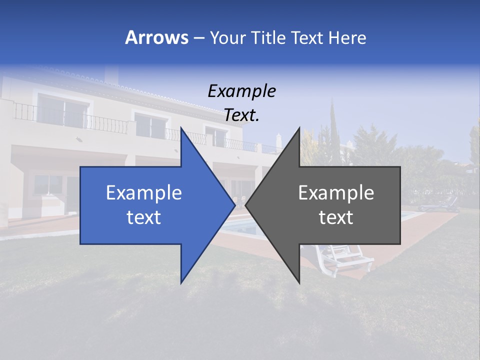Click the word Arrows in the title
click(x=157, y=37)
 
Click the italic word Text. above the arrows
click(x=241, y=115)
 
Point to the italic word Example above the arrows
click(x=241, y=91)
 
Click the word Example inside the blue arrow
click(x=144, y=193)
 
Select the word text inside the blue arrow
click(x=144, y=217)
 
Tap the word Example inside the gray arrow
click(x=336, y=193)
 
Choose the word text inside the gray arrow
click(x=336, y=217)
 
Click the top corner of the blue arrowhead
click(x=181, y=128)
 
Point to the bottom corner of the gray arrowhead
click(x=299, y=283)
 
